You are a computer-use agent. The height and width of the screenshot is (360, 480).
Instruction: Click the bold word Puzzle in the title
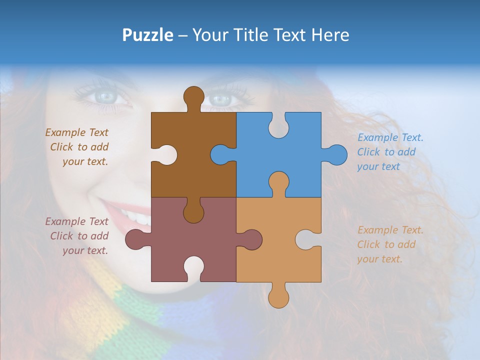click(148, 35)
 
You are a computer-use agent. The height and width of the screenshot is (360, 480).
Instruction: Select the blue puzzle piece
click(290, 150)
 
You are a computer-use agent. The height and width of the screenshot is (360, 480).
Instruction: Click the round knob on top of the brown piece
click(193, 96)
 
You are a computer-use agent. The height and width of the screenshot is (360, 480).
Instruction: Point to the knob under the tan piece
click(278, 297)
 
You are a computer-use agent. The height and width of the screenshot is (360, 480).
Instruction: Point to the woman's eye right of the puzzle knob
click(220, 99)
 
